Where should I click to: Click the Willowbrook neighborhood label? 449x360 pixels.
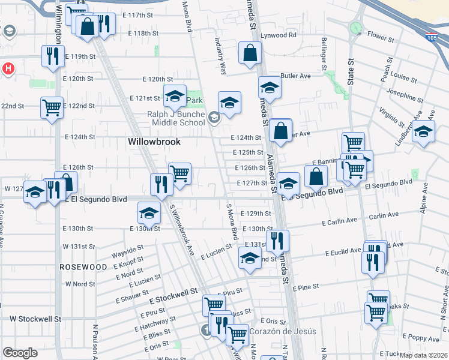(x=154, y=142)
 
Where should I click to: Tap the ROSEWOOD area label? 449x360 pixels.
(x=83, y=266)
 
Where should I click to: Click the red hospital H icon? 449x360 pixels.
(x=8, y=68)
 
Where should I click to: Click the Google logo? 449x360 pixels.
(x=20, y=353)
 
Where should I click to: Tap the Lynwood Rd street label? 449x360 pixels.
(x=283, y=35)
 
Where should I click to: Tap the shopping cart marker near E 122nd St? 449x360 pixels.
(x=52, y=108)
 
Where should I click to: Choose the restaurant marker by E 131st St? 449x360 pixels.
(x=277, y=241)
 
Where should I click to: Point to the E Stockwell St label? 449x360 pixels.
(x=173, y=292)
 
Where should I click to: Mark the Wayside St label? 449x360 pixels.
(x=127, y=250)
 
